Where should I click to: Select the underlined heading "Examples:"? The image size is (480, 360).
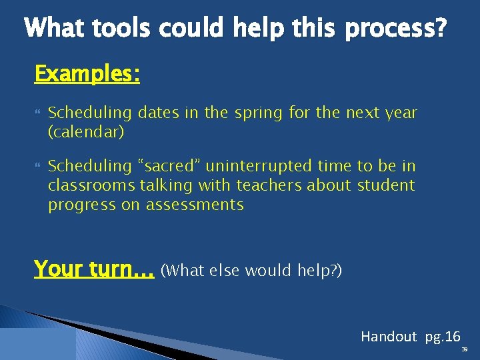(x=87, y=74)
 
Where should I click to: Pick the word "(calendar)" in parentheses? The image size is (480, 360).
(x=86, y=132)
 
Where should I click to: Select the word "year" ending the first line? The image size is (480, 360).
(x=401, y=113)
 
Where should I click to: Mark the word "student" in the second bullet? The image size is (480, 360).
(x=386, y=185)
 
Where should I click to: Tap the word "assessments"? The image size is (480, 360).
(x=195, y=205)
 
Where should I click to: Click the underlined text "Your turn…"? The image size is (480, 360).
(x=94, y=269)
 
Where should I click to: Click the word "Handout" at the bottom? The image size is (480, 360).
(x=389, y=337)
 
